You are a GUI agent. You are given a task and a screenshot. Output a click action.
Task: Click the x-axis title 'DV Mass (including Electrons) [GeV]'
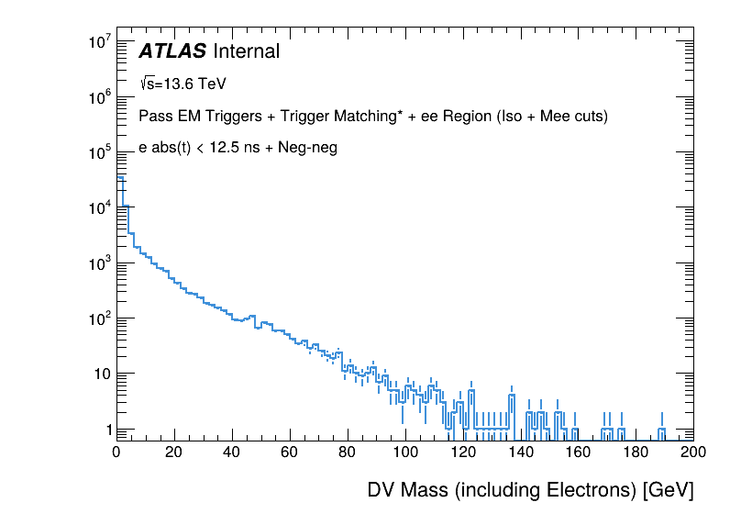pyautogui.click(x=530, y=490)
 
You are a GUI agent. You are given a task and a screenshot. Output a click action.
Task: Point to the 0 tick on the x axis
pyautogui.click(x=116, y=452)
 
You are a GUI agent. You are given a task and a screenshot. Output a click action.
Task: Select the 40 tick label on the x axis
pyautogui.click(x=232, y=452)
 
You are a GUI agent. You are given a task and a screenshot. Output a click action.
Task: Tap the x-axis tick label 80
pyautogui.click(x=348, y=452)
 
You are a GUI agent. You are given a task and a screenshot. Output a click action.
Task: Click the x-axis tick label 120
pyautogui.click(x=463, y=452)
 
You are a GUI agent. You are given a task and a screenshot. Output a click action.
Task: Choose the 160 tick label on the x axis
pyautogui.click(x=579, y=452)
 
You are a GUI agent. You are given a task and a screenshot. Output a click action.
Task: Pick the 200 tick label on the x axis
pyautogui.click(x=693, y=452)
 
